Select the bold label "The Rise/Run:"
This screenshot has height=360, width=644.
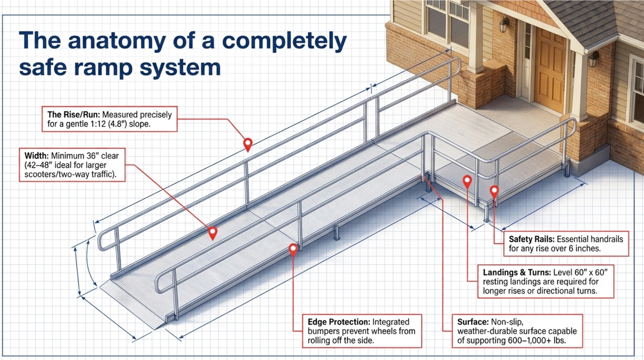pyautogui.click(x=73, y=115)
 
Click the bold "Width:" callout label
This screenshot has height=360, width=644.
pyautogui.click(x=37, y=156)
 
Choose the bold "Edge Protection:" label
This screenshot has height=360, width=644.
pyautogui.click(x=339, y=322)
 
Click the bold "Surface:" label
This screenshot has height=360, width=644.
pyautogui.click(x=473, y=322)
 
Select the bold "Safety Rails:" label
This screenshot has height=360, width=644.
pyautogui.click(x=531, y=239)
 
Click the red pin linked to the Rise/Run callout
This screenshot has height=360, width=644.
pyautogui.click(x=248, y=143)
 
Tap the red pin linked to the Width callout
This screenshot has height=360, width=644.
pyautogui.click(x=212, y=232)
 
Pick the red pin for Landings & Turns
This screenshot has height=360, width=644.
pyautogui.click(x=467, y=181)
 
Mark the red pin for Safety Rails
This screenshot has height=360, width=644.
pyautogui.click(x=494, y=191)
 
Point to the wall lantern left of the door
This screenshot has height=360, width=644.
pyautogui.click(x=504, y=25)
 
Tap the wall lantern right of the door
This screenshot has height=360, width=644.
pyautogui.click(x=594, y=59)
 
